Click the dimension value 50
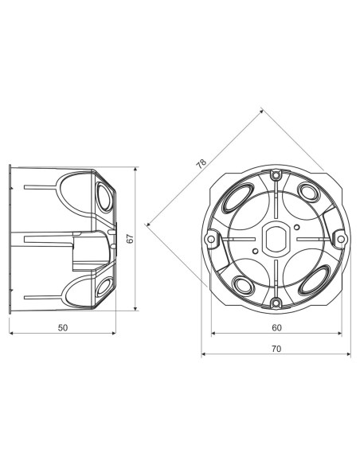pyautogui.click(x=63, y=327)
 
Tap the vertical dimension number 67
pyautogui.click(x=129, y=238)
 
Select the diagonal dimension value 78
pyautogui.click(x=201, y=164)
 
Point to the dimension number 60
pyautogui.click(x=276, y=327)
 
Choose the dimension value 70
pyautogui.click(x=276, y=347)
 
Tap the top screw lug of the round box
pyautogui.click(x=275, y=174)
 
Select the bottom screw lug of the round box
pyautogui.click(x=275, y=302)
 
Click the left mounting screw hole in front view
pyautogui.click(x=212, y=238)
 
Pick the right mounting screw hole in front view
pyautogui.click(x=338, y=238)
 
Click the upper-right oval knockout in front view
pyautogui.click(x=310, y=192)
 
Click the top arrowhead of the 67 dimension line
pyautogui.click(x=136, y=170)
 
